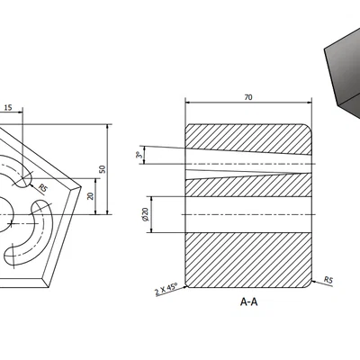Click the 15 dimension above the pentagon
tap(8, 108)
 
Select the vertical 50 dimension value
tap(102, 169)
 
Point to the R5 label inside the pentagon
tap(42, 188)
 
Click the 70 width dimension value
tap(247, 97)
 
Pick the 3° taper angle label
tap(139, 156)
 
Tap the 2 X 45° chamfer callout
tap(166, 287)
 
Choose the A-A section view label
tap(249, 302)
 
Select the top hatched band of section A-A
tap(249, 138)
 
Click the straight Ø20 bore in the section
tap(249, 215)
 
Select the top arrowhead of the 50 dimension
tap(107, 127)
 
